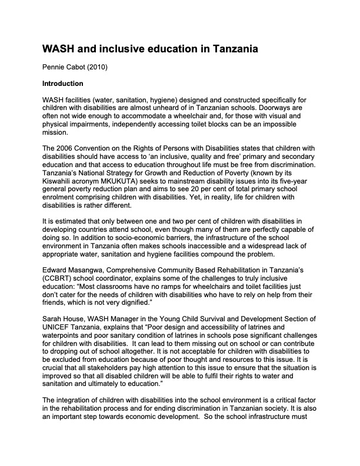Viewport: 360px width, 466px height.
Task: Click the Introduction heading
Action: (x=65, y=84)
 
